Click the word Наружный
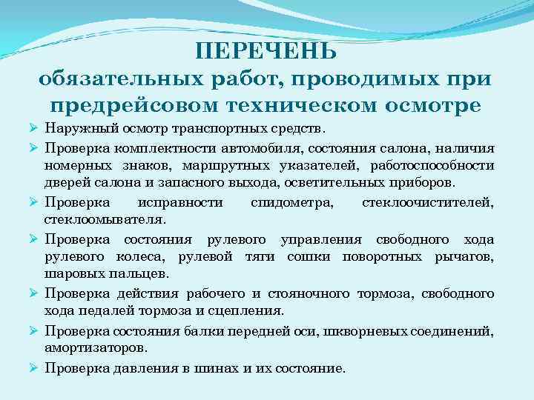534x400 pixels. tap(73, 129)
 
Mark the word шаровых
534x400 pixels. tap(69, 274)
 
